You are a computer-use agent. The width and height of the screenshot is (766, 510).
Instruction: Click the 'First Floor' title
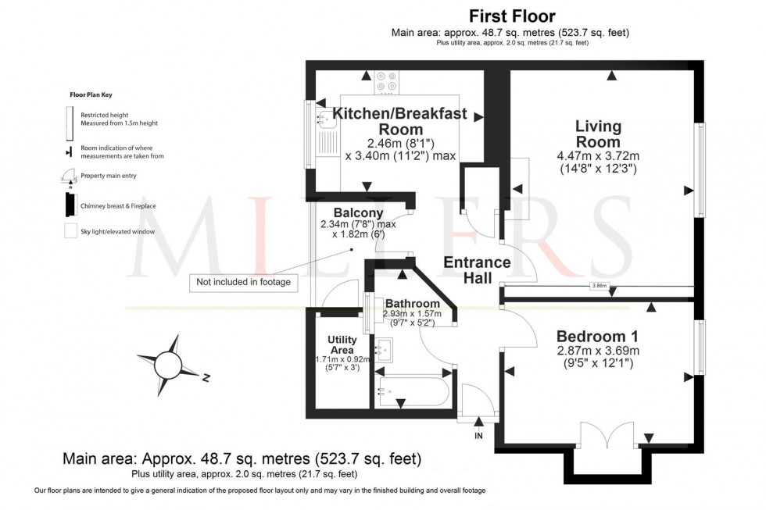click(x=511, y=16)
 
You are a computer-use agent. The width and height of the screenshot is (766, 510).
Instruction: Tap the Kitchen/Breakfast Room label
click(x=400, y=121)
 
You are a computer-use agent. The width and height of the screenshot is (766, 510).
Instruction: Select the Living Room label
click(x=598, y=134)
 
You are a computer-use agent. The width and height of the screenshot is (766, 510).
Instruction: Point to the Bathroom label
click(x=412, y=303)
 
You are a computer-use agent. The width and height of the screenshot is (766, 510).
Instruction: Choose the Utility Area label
click(x=342, y=345)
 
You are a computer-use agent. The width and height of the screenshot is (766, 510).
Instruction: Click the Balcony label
click(x=358, y=212)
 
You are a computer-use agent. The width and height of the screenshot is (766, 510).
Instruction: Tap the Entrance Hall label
click(x=477, y=269)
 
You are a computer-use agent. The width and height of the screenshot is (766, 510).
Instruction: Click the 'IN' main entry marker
click(x=478, y=436)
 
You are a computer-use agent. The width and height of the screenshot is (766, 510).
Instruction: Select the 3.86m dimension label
click(x=599, y=286)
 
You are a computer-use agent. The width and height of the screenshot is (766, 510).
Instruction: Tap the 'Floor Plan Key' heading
click(x=91, y=95)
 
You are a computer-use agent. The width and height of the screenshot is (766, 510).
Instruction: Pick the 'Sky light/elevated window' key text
click(x=118, y=232)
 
